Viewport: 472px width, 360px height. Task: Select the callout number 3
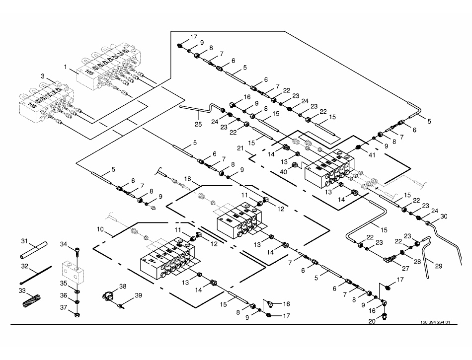point(43,76)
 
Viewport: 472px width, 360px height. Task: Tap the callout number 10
point(100,229)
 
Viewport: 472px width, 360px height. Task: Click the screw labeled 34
point(78,251)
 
